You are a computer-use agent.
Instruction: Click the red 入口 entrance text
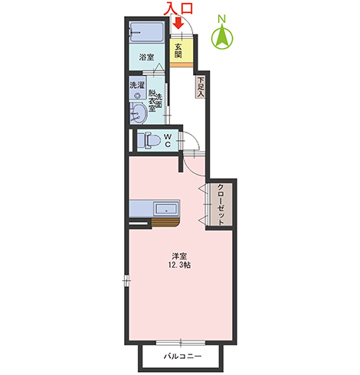tap(178, 8)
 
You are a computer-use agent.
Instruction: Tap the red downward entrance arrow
tap(178, 23)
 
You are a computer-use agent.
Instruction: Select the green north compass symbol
tap(222, 37)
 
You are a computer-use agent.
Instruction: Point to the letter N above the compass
tap(221, 18)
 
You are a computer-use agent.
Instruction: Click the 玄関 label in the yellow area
tap(178, 51)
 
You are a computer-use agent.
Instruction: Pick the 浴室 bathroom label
tap(146, 57)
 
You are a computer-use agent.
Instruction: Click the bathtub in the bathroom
tap(146, 32)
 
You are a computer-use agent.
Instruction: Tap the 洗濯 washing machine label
tap(137, 85)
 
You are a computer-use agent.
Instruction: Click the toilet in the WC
tap(149, 140)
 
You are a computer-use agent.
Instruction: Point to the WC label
tap(168, 140)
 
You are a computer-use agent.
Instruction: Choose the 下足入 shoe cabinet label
tap(201, 87)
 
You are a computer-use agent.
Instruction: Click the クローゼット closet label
tap(221, 204)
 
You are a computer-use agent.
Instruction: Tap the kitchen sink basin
tap(166, 210)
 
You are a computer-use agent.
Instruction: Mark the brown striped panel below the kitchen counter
tap(165, 223)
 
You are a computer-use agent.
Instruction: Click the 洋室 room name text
tap(179, 256)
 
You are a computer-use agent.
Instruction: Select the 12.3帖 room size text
tap(179, 265)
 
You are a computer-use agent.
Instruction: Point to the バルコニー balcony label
tap(182, 356)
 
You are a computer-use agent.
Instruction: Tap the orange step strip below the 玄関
tap(182, 64)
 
